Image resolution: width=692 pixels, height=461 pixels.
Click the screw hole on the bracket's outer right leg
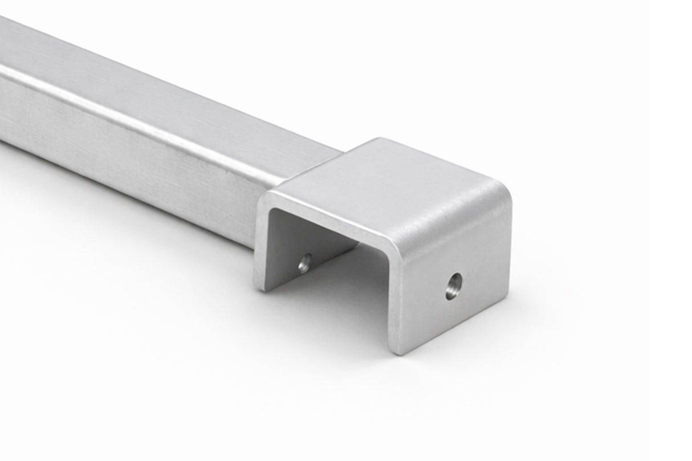[x=454, y=286]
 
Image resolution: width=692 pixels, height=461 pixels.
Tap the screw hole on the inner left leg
[x=305, y=263]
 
